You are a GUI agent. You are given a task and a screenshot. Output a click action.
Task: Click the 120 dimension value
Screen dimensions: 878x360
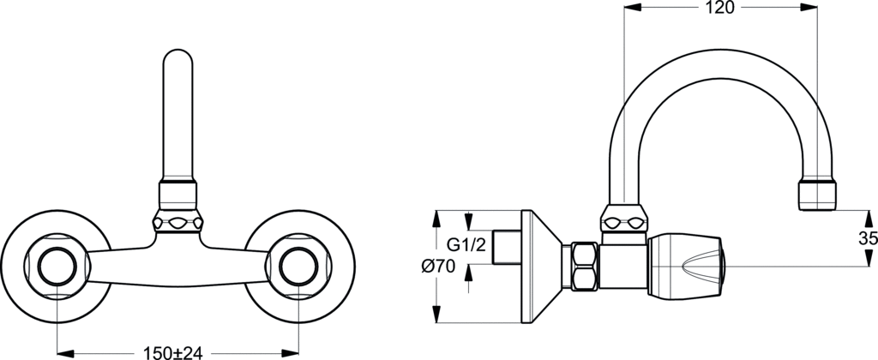click(719, 8)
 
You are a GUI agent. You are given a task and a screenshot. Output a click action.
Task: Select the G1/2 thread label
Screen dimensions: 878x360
click(466, 244)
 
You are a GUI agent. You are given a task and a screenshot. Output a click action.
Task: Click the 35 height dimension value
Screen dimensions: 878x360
click(869, 238)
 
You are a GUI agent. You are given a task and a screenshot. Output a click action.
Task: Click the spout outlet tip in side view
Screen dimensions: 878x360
click(817, 195)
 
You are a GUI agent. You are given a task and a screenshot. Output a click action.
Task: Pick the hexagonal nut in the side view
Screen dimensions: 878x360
click(584, 266)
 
